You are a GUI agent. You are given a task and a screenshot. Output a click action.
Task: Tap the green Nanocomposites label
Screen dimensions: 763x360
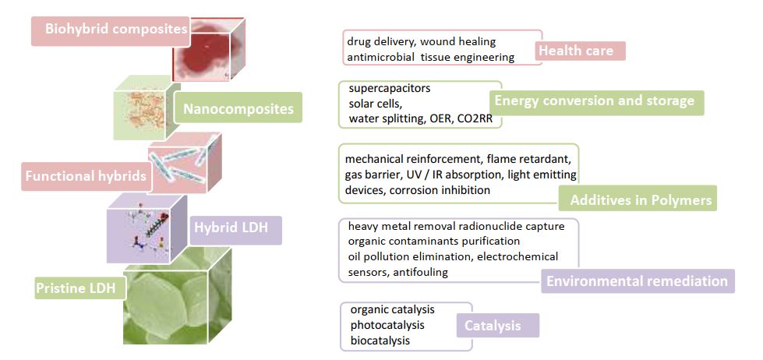pos(238,108)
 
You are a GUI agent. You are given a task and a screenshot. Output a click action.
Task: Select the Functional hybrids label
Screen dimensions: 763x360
pos(87,176)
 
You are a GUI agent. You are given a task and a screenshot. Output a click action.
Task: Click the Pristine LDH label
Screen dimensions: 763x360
pos(76,288)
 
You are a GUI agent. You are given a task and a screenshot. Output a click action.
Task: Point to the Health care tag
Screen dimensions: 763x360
pos(576,51)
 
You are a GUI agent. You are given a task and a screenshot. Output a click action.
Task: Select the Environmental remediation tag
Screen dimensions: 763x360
pos(638,281)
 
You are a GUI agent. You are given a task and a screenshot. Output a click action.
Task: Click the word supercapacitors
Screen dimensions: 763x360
pos(390,89)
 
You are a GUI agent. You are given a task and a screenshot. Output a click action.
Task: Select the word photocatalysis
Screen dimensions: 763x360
pos(387,324)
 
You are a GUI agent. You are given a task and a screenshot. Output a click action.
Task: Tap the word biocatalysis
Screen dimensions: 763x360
pos(380,340)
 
